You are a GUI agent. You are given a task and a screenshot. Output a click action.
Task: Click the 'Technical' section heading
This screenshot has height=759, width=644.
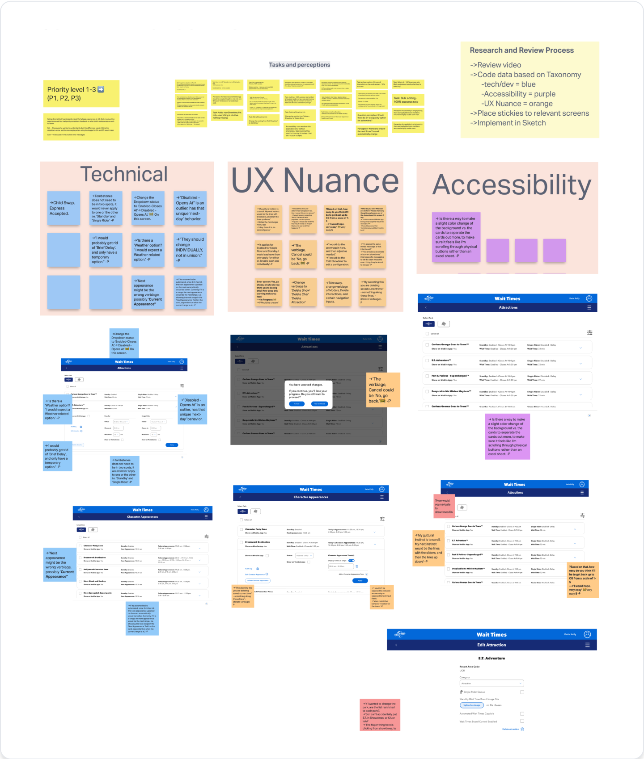[124, 175]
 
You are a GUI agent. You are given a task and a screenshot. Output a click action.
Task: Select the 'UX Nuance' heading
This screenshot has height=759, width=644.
[314, 181]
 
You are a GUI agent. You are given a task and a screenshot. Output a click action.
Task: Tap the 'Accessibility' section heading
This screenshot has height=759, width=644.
[512, 185]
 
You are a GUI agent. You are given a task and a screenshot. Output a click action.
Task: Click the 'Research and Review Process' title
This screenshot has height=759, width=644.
[521, 50]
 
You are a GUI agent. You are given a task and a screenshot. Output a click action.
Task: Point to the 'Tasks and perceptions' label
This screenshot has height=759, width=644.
[299, 65]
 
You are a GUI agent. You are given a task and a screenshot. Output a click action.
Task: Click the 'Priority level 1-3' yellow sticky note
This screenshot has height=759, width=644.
[81, 94]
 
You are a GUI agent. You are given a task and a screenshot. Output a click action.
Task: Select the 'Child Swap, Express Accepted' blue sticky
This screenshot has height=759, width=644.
[64, 208]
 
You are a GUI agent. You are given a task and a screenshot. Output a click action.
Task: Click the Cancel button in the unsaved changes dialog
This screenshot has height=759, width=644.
[296, 404]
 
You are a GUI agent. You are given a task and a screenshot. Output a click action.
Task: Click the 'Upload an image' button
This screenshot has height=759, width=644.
[472, 705]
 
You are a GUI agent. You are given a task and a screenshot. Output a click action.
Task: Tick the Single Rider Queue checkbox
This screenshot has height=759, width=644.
[522, 692]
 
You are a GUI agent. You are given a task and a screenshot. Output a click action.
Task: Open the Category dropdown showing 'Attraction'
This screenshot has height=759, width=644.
[491, 684]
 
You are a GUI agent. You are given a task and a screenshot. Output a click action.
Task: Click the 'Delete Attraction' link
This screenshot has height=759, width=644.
[511, 729]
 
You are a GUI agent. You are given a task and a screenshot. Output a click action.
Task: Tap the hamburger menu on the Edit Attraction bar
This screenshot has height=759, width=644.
[587, 645]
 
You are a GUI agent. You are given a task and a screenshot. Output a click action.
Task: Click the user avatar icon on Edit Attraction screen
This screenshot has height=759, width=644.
[588, 634]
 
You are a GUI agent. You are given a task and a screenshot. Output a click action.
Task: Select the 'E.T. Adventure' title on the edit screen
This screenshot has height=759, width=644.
[491, 658]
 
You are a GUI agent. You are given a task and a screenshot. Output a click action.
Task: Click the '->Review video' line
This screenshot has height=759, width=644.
[496, 65]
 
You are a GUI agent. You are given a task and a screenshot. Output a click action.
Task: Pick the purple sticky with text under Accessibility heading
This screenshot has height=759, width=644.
[456, 237]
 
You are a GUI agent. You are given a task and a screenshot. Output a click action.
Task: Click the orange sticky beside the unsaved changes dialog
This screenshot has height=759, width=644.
[383, 390]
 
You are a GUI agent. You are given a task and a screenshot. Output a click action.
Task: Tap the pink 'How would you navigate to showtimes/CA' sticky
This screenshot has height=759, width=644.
[444, 507]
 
